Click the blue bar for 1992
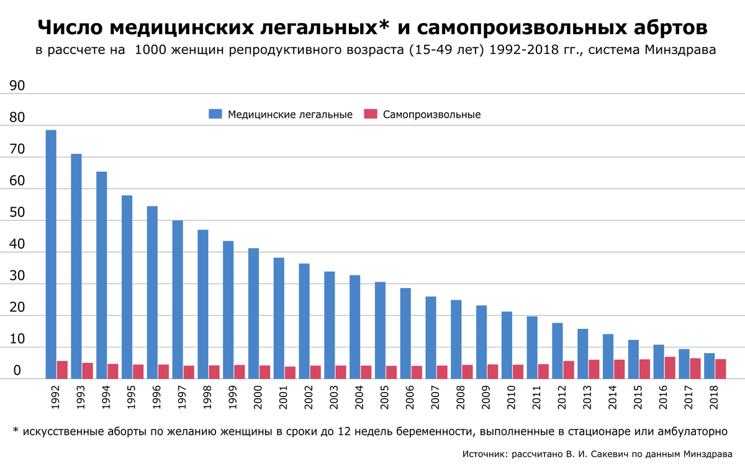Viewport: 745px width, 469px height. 51,254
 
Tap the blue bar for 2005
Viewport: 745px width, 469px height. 380,330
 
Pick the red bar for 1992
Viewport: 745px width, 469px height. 62,370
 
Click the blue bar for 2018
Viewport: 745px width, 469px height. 709,366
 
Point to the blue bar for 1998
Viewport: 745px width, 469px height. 203,304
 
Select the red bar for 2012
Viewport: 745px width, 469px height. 569,370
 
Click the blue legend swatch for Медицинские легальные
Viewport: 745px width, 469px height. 215,114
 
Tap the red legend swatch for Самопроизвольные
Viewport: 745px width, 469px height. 371,114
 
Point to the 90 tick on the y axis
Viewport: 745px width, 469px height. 17,86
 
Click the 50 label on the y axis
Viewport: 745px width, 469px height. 17,213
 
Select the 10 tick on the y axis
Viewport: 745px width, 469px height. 17,339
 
